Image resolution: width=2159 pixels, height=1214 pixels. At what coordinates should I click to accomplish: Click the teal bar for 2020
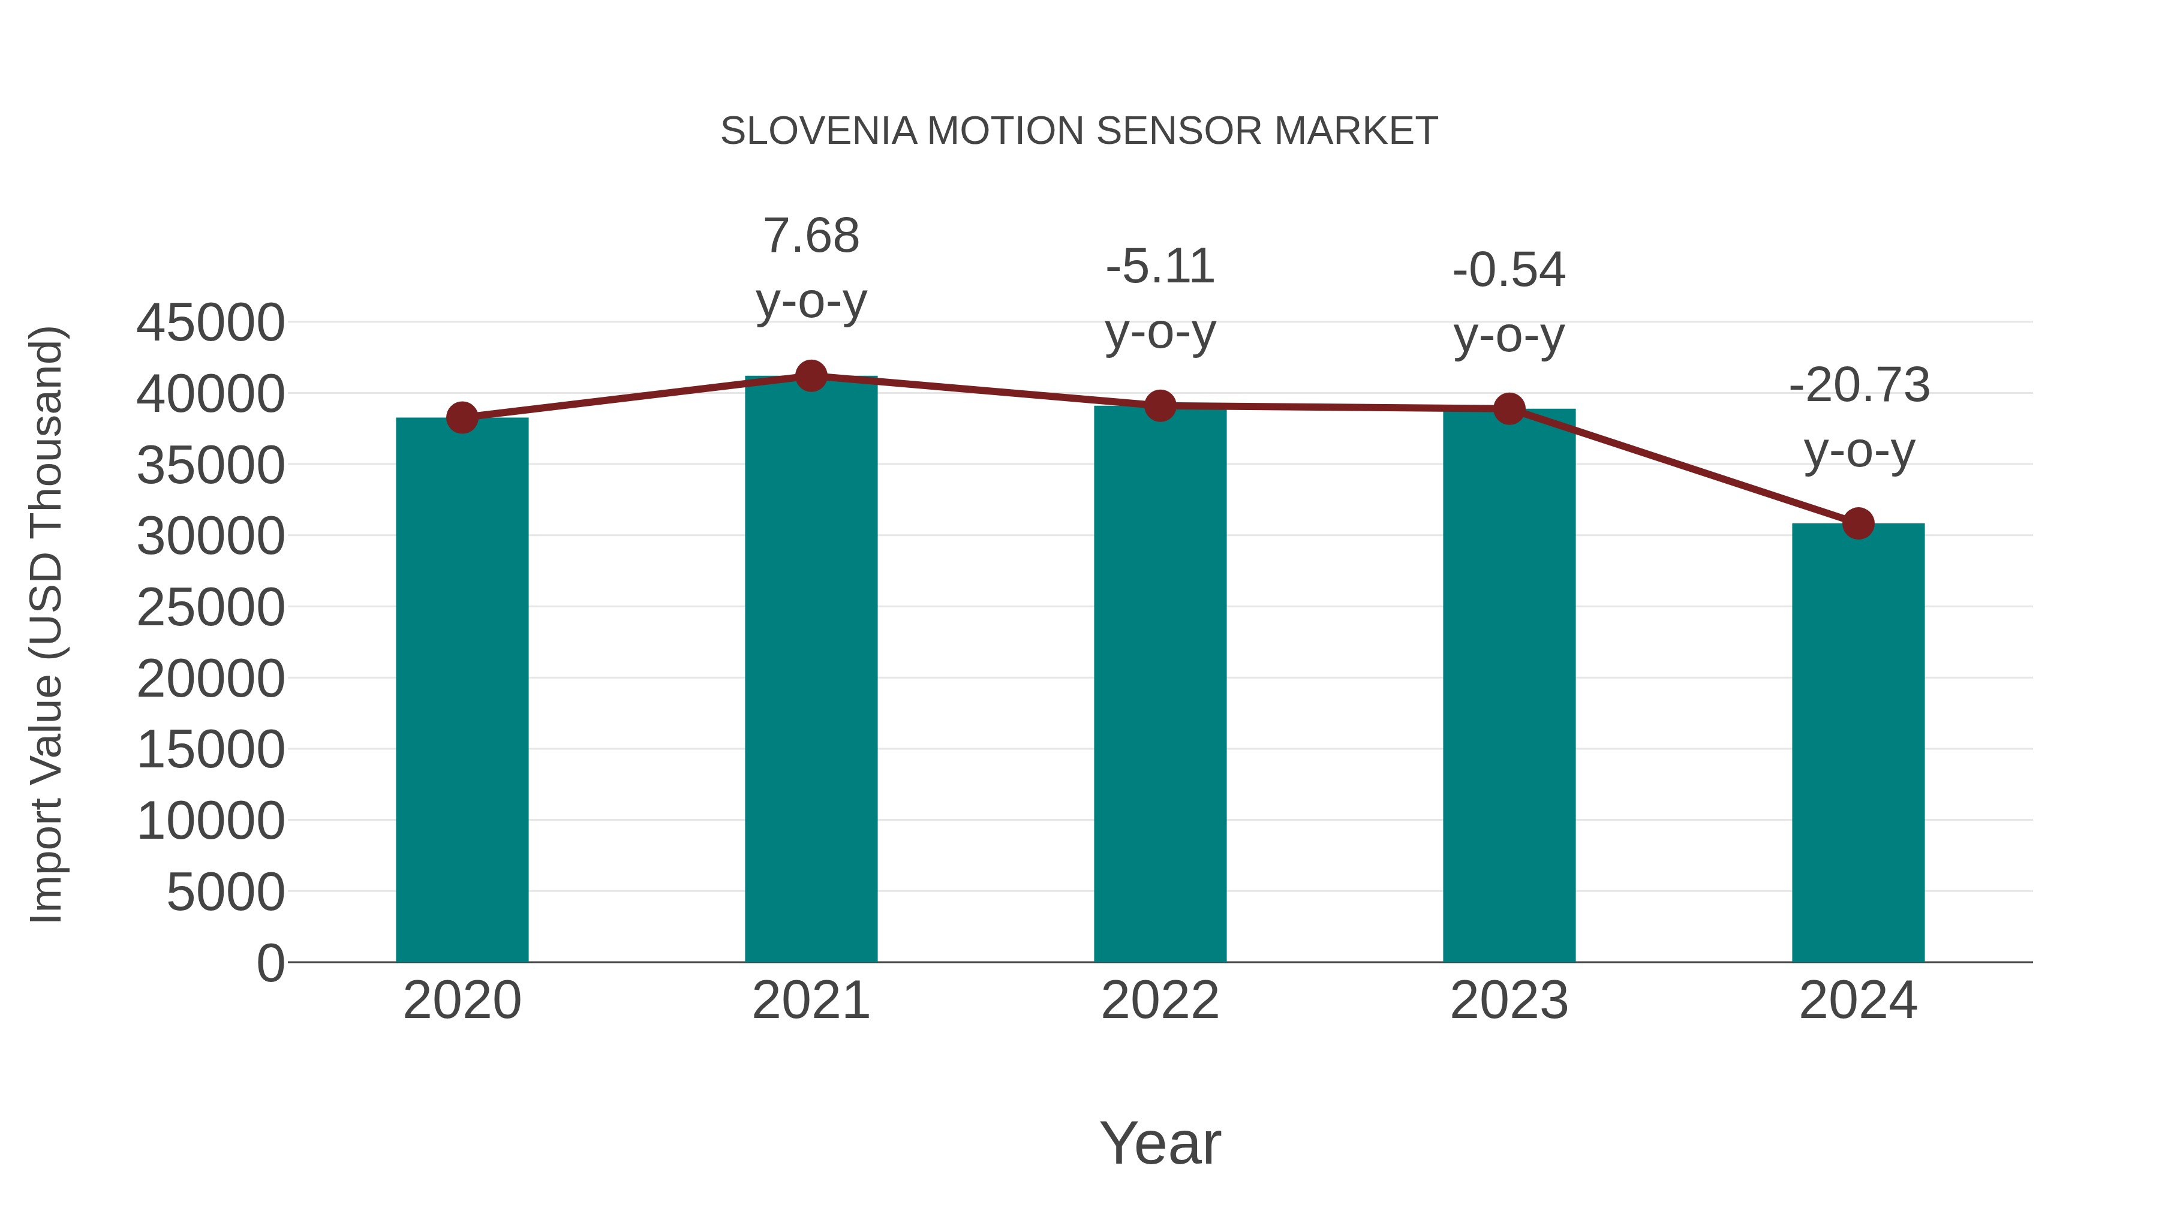tap(462, 689)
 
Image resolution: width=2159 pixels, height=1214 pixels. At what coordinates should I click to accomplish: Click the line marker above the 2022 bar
tap(1160, 405)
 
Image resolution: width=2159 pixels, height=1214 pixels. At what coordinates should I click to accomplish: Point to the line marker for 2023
tap(1509, 409)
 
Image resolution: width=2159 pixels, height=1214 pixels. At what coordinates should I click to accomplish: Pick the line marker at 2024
tap(1858, 523)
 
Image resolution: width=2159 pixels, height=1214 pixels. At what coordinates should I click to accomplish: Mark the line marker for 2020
tap(462, 417)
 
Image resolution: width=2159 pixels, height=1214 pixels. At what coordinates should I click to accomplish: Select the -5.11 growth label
tap(1160, 267)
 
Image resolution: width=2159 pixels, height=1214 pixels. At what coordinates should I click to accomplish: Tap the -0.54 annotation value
tap(1509, 270)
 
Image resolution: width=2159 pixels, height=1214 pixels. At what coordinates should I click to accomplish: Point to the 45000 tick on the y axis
tap(211, 323)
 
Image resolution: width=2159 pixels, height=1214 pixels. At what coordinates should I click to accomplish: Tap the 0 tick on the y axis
tap(270, 963)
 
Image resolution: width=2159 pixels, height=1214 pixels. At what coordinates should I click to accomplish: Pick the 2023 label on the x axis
tap(1509, 1001)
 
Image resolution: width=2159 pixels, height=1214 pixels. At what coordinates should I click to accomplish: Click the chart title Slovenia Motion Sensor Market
tap(1079, 131)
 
